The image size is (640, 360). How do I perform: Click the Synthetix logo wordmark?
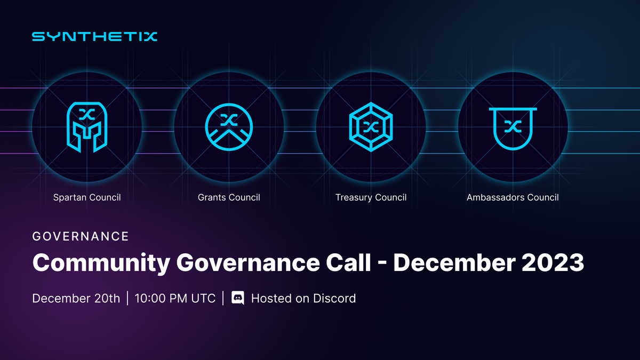tap(94, 37)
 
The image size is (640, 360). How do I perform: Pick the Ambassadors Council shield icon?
tap(513, 127)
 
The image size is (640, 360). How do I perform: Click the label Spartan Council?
tap(87, 197)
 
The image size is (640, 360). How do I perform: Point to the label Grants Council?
tap(229, 197)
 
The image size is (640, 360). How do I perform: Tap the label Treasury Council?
tap(371, 197)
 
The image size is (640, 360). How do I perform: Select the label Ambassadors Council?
tap(513, 197)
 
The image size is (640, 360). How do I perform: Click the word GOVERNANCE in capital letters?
tap(81, 236)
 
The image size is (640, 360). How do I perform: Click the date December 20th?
tap(76, 298)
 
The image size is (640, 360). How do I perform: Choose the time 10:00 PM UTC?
tap(175, 298)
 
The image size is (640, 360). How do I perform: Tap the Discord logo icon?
tap(238, 298)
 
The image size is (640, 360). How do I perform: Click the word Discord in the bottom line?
tap(334, 298)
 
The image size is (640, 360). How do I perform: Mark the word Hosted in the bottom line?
tap(269, 298)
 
